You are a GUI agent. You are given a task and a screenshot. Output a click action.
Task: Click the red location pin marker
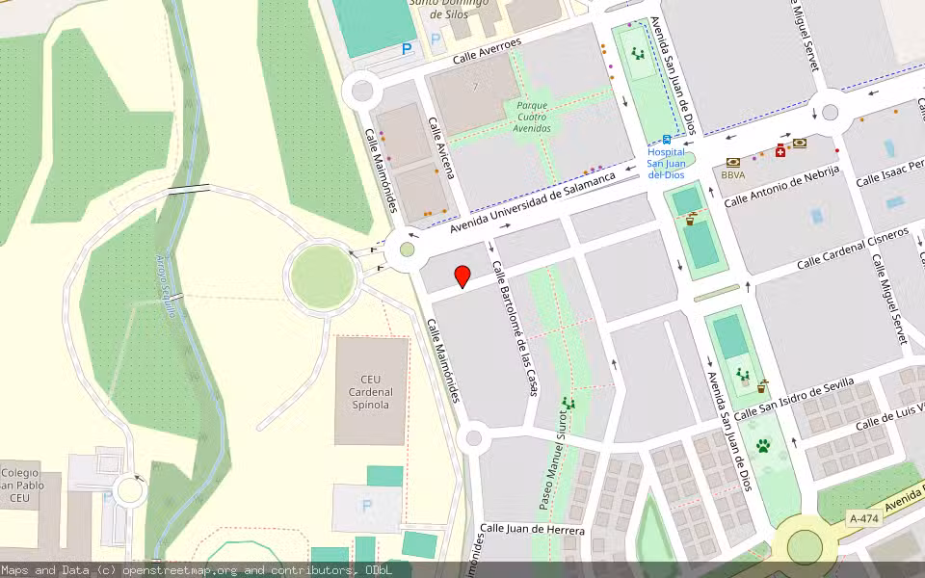coord(462,276)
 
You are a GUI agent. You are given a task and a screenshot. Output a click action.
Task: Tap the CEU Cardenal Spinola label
coord(371,391)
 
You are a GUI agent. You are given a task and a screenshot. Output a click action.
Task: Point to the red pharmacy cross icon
coord(780,150)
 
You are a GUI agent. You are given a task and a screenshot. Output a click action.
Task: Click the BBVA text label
coord(733,175)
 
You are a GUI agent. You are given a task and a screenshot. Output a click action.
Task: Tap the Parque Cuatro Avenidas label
coord(533,117)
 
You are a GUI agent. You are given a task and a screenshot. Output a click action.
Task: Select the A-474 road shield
coord(863,518)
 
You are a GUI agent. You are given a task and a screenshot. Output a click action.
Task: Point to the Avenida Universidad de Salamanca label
coord(531,203)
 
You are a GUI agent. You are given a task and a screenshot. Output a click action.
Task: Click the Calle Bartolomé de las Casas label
coord(515,328)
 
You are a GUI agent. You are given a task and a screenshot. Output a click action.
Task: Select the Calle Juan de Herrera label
coord(533,530)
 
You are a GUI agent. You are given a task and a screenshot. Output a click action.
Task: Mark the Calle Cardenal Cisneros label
coord(853,249)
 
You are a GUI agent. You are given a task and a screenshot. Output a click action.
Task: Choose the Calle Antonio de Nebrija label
coord(781,186)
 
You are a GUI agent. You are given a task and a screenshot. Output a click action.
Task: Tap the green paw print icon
coord(763,446)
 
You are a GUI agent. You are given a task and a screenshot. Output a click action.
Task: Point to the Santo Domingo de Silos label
coord(449,8)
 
